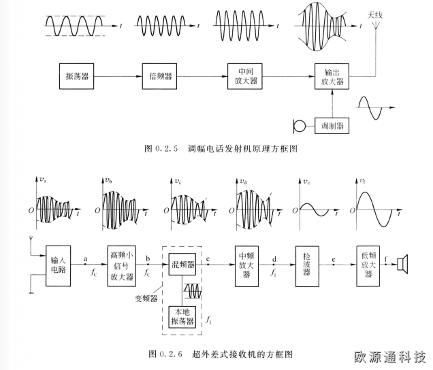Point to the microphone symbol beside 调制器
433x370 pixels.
296,127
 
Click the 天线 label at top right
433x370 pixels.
376,14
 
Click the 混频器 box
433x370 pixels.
182,263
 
